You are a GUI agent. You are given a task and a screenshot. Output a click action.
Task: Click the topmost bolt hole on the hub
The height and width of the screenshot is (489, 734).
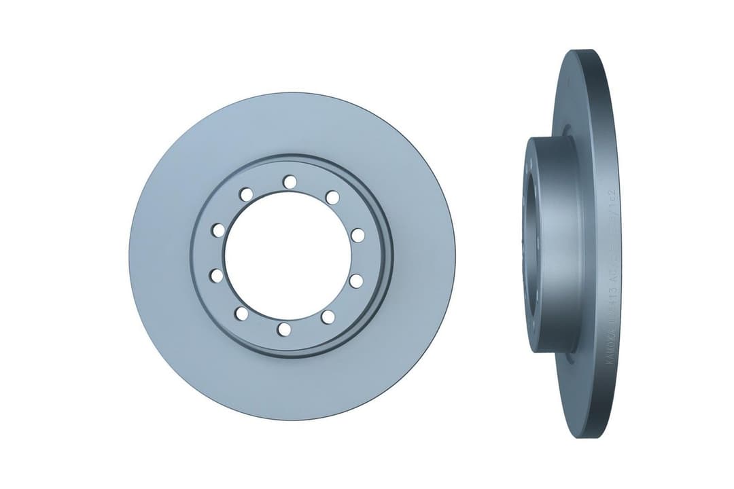pos(290,181)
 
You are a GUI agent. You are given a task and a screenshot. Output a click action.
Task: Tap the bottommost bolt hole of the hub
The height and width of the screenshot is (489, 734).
pos(284,329)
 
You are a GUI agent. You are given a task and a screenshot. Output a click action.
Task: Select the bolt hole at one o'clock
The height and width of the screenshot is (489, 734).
pos(332,197)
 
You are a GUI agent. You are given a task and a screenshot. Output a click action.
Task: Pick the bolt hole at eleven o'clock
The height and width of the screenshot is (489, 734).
pos(246,195)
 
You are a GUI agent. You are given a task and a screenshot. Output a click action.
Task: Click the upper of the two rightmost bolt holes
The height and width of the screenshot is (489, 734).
pos(357,235)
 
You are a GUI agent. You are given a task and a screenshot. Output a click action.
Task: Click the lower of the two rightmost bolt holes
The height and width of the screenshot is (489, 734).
pos(355,280)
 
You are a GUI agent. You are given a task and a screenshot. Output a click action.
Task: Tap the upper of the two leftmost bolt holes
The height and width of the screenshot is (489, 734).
pos(218,230)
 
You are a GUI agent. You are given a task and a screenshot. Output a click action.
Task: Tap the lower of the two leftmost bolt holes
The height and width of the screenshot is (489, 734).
pos(216,275)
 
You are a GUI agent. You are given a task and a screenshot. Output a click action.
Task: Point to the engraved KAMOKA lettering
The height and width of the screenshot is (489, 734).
pos(608,347)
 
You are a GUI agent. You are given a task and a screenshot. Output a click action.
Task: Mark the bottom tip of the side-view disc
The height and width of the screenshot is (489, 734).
pos(578,435)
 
